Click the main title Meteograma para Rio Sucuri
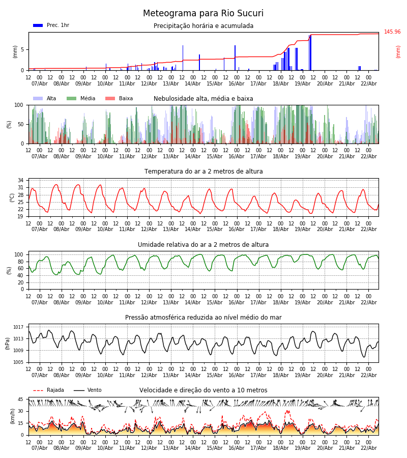click(203, 14)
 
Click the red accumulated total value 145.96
click(392, 32)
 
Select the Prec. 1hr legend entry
click(51, 25)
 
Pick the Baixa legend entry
click(119, 99)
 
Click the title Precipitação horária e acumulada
click(203, 26)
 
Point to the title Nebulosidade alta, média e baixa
click(203, 99)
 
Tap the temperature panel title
click(203, 171)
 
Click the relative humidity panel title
click(203, 245)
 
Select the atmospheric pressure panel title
click(203, 318)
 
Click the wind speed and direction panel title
click(203, 390)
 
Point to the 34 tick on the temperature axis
click(21, 180)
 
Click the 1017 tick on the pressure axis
click(19, 327)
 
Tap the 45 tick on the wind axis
click(21, 399)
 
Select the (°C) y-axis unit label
click(12, 197)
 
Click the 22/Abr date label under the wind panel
click(368, 448)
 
